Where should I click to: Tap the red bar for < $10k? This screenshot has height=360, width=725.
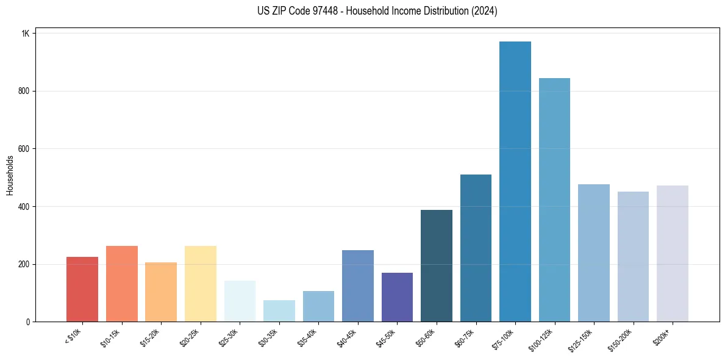pyautogui.click(x=82, y=289)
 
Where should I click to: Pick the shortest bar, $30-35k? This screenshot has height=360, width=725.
pyautogui.click(x=279, y=311)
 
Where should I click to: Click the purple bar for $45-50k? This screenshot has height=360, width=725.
pyautogui.click(x=397, y=297)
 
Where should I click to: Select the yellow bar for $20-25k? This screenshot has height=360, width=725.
pyautogui.click(x=201, y=284)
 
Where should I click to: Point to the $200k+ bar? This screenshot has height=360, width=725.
pyautogui.click(x=673, y=254)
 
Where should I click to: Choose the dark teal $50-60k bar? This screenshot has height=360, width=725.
pyautogui.click(x=437, y=266)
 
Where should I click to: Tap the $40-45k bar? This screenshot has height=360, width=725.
pyautogui.click(x=358, y=286)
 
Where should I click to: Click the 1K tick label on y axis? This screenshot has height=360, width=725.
pyautogui.click(x=25, y=34)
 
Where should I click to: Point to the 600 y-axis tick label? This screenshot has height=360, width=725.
pyautogui.click(x=24, y=149)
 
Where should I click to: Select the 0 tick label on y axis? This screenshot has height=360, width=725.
pyautogui.click(x=27, y=322)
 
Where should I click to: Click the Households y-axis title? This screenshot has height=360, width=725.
pyautogui.click(x=10, y=175)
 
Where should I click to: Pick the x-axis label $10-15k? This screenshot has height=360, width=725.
pyautogui.click(x=110, y=337)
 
